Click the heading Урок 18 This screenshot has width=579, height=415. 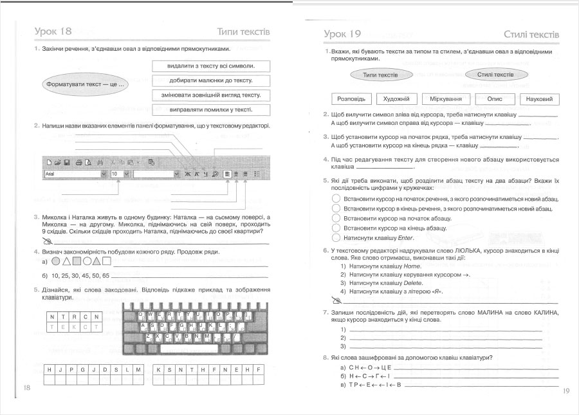pyautogui.click(x=53, y=32)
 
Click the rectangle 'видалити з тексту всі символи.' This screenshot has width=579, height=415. pyautogui.click(x=210, y=66)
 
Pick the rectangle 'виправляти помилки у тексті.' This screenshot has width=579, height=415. pyautogui.click(x=210, y=110)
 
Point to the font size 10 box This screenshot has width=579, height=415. pyautogui.click(x=120, y=174)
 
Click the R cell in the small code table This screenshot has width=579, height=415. pyautogui.click(x=73, y=316)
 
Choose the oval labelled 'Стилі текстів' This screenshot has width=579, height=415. pyautogui.click(x=495, y=75)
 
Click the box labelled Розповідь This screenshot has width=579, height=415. pyautogui.click(x=351, y=99)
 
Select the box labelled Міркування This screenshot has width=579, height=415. pyautogui.click(x=446, y=99)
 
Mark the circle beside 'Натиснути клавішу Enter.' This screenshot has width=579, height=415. pyautogui.click(x=335, y=237)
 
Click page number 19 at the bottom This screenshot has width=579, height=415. pyautogui.click(x=566, y=391)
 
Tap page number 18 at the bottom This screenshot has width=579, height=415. pyautogui.click(x=26, y=388)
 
